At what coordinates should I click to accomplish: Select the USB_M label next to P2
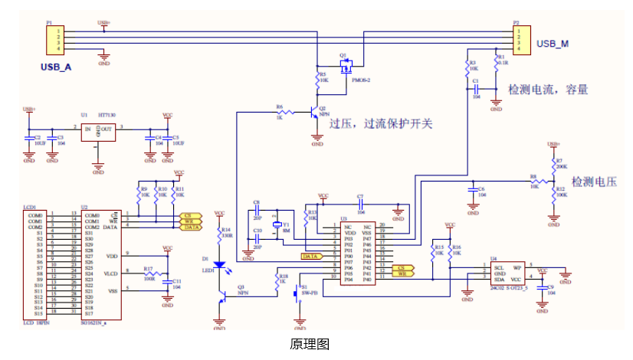tap(552, 44)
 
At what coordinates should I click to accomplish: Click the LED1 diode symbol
tap(220, 264)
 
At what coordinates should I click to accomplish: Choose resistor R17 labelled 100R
tap(150, 273)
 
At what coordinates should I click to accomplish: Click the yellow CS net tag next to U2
tap(191, 216)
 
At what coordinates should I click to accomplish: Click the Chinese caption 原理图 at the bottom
tap(310, 345)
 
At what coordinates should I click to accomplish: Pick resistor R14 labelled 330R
tap(220, 234)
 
